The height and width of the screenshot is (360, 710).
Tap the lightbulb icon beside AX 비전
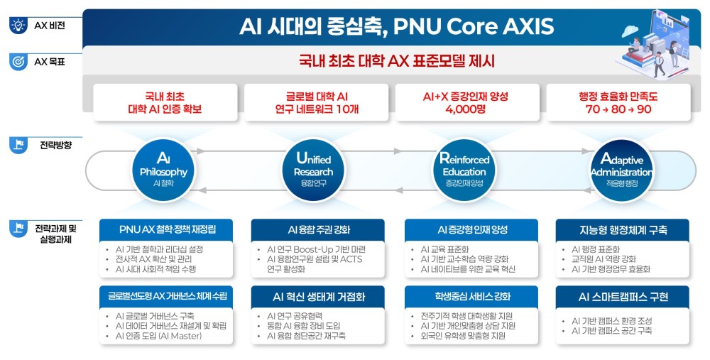tap(18, 26)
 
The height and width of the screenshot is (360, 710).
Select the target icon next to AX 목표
tap(18, 62)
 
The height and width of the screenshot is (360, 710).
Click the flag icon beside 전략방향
tap(18, 145)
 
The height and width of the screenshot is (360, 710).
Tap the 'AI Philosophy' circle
tap(163, 170)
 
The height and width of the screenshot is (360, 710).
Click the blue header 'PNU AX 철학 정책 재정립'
tap(168, 229)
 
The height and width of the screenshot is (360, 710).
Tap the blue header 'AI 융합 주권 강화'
tap(319, 229)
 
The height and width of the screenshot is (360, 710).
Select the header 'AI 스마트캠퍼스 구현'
tap(623, 297)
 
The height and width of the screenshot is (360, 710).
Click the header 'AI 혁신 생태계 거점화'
tap(319, 297)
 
